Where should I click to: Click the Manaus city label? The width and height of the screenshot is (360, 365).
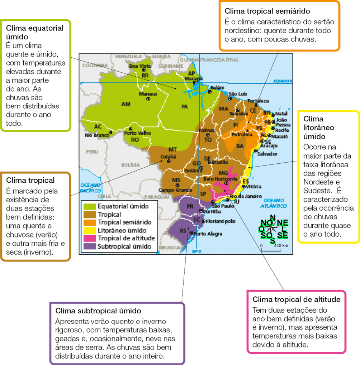click(148, 94)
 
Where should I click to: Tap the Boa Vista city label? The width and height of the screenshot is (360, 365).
click(140, 66)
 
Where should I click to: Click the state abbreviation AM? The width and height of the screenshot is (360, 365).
click(126, 104)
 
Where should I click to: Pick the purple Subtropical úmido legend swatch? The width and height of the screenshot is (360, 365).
click(89, 246)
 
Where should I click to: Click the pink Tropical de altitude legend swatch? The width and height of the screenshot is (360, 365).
click(89, 238)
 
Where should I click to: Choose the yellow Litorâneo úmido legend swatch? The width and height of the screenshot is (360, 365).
click(89, 230)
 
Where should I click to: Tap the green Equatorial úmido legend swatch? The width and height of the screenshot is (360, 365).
click(89, 206)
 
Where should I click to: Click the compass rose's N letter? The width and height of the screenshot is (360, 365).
click(273, 217)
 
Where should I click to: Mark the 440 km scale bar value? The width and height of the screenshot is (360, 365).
click(281, 245)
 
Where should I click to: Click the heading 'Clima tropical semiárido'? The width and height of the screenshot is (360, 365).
click(267, 11)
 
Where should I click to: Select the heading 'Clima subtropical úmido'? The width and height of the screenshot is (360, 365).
click(98, 310)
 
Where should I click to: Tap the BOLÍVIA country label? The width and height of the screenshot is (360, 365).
click(130, 165)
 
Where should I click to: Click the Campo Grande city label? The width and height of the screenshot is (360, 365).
click(173, 190)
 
